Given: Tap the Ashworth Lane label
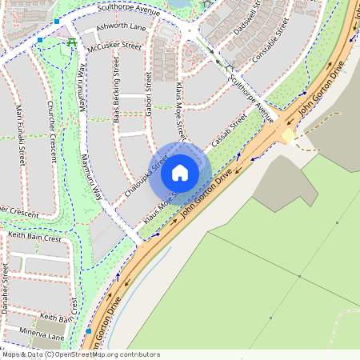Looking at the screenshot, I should coord(121,27).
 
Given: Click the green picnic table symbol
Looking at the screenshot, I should coord(73,42).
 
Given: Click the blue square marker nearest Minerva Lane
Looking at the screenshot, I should coord(88,330).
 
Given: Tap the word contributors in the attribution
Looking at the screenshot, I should coord(136,354).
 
